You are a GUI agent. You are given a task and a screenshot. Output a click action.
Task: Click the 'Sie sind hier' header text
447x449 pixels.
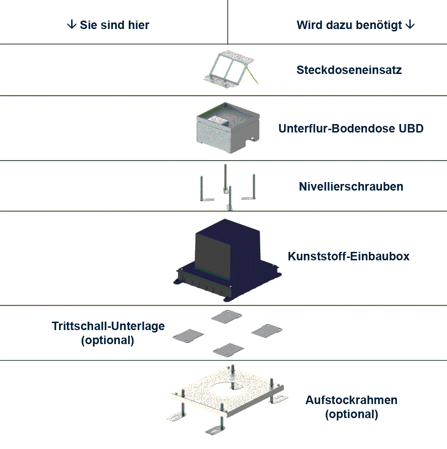pos(114,25)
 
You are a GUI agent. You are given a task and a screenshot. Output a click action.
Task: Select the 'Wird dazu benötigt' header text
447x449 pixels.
pos(350,25)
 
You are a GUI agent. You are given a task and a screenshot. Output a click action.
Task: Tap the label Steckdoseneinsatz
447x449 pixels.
pos(349,70)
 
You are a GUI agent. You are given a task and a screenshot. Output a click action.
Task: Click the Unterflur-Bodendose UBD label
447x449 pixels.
pos(351,128)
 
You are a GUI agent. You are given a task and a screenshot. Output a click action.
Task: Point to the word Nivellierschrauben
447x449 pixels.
pos(351,187)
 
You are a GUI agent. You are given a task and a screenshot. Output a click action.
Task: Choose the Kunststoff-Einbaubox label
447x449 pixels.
pos(349,257)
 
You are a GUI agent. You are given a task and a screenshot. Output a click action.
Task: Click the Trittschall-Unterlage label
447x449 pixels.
pos(108,326)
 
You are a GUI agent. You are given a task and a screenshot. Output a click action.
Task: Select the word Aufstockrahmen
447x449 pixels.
pos(352,400)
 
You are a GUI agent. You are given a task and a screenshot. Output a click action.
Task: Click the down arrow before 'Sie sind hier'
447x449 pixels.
pos(72,25)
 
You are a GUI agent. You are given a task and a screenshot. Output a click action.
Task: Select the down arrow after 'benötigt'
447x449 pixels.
pos(410,25)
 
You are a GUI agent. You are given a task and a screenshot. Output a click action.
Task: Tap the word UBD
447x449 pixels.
pos(412,128)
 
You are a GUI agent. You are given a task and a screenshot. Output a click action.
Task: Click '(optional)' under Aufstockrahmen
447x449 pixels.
pos(351,414)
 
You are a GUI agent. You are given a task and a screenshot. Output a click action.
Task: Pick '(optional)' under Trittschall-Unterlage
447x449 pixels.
pos(108,340)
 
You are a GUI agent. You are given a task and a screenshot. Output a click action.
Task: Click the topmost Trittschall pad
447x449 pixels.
pos(227,317)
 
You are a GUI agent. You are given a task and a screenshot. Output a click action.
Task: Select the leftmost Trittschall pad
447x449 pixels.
pos(189,336)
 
